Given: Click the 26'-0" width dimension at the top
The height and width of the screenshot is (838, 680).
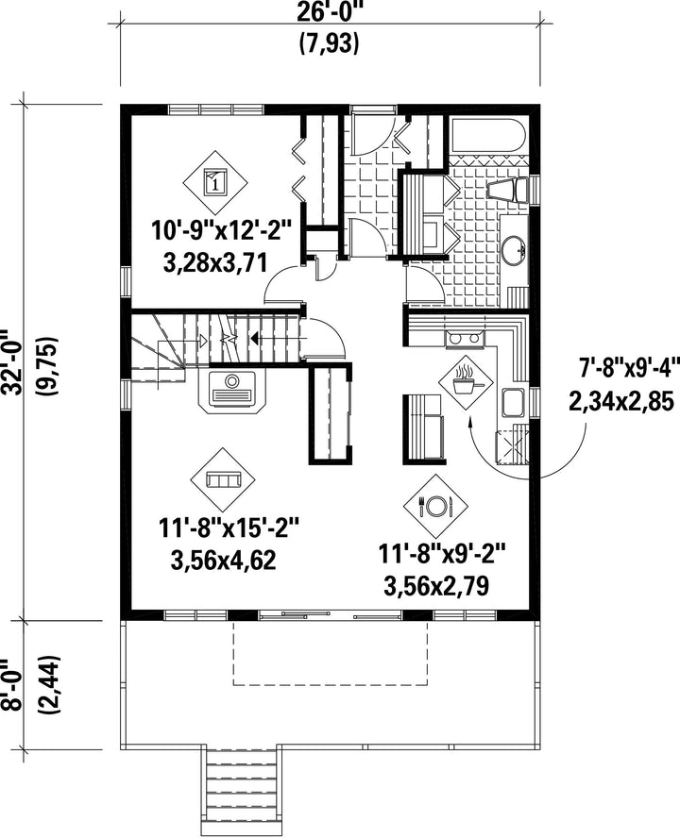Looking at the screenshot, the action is (329, 10).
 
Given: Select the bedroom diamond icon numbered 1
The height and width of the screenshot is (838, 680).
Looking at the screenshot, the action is (215, 181).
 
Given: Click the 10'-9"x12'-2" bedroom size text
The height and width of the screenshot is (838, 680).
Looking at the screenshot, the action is (221, 233).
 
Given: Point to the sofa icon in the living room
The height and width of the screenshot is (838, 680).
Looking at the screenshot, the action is (223, 479).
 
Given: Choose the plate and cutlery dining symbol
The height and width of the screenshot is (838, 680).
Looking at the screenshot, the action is (436, 505).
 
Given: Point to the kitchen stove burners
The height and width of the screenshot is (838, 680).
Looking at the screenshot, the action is (465, 339).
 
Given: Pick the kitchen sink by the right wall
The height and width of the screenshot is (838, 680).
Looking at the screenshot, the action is (513, 402).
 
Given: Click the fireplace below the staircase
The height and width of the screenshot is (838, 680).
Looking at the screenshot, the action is (232, 390).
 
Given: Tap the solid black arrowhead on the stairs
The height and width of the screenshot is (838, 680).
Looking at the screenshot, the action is (255, 338).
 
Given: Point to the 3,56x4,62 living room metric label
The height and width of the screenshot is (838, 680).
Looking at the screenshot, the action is (224, 561).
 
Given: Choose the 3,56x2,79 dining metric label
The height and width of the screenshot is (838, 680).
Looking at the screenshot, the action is (436, 586).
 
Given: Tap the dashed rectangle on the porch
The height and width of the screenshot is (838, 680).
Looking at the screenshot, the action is (331, 653).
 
